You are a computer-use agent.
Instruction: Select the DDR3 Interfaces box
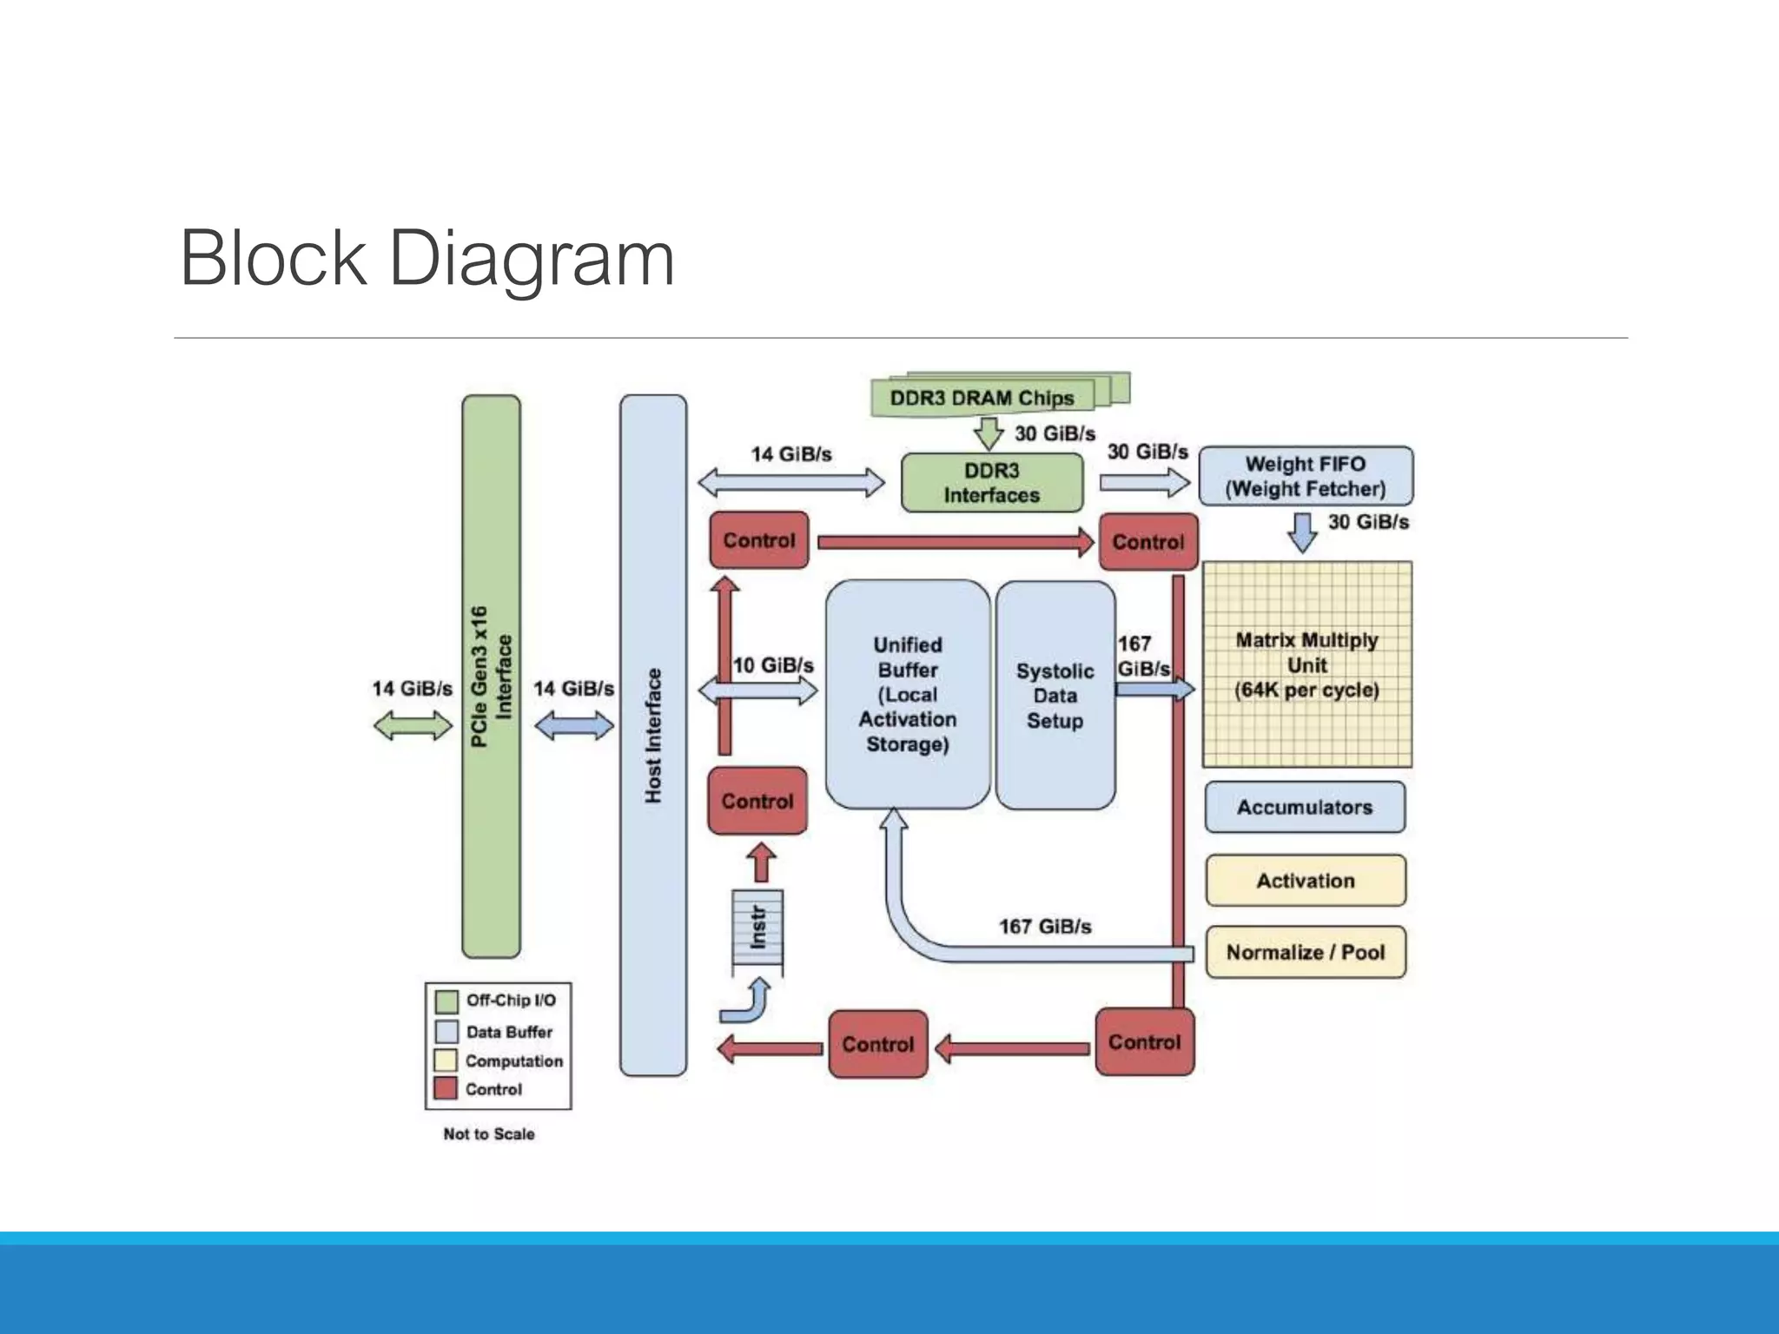pyautogui.click(x=991, y=483)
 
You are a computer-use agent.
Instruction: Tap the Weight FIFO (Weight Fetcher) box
pyautogui.click(x=1305, y=476)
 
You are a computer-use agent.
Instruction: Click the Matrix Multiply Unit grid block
pyautogui.click(x=1306, y=664)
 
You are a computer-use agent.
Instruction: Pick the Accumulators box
pyautogui.click(x=1304, y=807)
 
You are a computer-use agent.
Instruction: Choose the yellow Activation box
pyautogui.click(x=1305, y=881)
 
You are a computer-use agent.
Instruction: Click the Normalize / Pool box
pyautogui.click(x=1305, y=952)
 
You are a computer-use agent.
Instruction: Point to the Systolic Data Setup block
pyautogui.click(x=1055, y=696)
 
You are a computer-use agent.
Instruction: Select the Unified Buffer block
pyautogui.click(x=907, y=695)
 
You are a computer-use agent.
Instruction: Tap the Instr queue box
pyautogui.click(x=757, y=928)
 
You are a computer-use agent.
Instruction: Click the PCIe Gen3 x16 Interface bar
pyautogui.click(x=491, y=677)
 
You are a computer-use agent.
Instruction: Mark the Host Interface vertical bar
pyautogui.click(x=653, y=735)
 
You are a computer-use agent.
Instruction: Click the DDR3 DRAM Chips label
pyautogui.click(x=982, y=398)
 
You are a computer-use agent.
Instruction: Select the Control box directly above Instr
pyautogui.click(x=757, y=801)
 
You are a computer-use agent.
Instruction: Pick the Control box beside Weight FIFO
pyautogui.click(x=1147, y=542)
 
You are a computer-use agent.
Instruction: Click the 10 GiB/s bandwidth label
pyautogui.click(x=773, y=665)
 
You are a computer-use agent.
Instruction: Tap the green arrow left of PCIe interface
pyautogui.click(x=413, y=724)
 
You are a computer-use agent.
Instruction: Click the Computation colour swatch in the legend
pyautogui.click(x=446, y=1060)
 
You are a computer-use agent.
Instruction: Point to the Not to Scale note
pyautogui.click(x=489, y=1134)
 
